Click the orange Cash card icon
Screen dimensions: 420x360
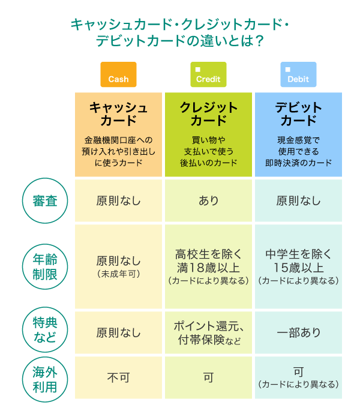(x=118, y=74)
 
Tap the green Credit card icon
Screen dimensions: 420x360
(x=208, y=74)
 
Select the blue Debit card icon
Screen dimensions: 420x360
(x=298, y=74)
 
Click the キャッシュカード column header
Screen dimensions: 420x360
(x=118, y=114)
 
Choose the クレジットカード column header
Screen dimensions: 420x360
(x=208, y=114)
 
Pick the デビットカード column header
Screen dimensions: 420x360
(x=298, y=114)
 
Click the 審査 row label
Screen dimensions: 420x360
(x=43, y=201)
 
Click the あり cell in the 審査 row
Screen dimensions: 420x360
(x=208, y=201)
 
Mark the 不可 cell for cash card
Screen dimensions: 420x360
(x=118, y=378)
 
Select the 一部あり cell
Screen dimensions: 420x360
(x=298, y=332)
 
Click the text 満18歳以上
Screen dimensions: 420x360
(x=208, y=268)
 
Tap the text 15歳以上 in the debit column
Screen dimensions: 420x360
(x=298, y=268)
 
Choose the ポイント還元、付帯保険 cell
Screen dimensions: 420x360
(x=208, y=332)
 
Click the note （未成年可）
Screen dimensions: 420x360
(x=118, y=274)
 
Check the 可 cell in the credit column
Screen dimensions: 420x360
(x=208, y=378)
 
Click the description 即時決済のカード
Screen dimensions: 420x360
(x=298, y=163)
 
